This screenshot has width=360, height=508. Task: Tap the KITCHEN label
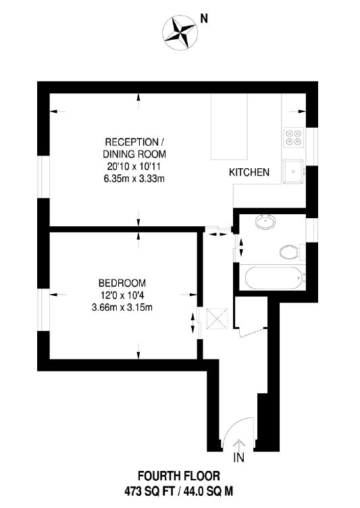[249, 173]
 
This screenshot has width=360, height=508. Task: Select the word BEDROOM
[122, 283]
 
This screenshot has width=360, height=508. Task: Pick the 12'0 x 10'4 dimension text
[122, 295]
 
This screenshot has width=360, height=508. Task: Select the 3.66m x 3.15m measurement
[122, 307]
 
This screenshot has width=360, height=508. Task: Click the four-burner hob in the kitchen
[293, 138]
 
